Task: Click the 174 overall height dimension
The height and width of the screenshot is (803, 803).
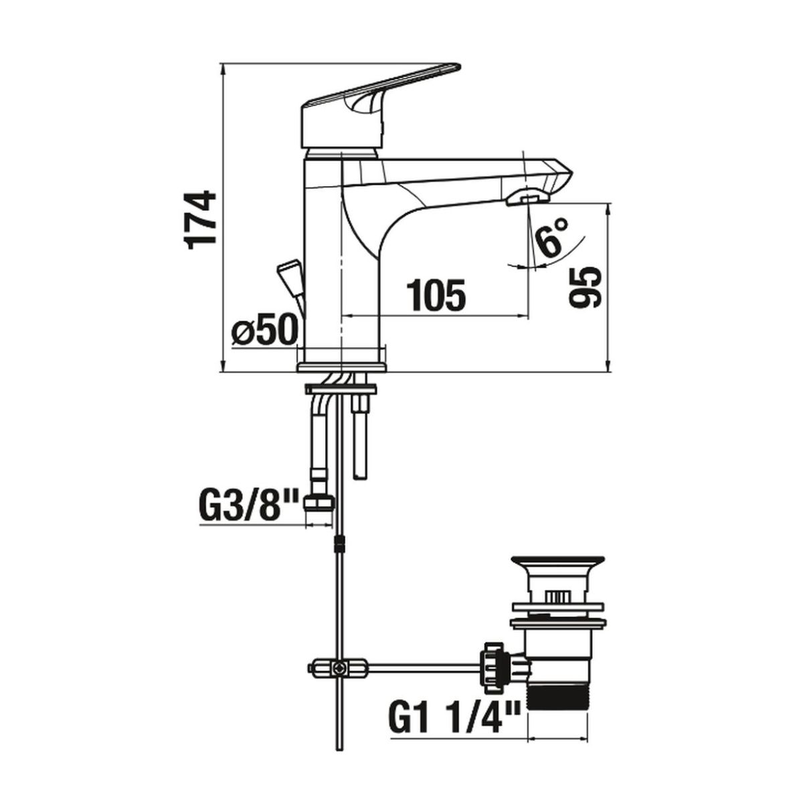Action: point(201,220)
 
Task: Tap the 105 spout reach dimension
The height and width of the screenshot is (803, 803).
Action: point(435,296)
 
